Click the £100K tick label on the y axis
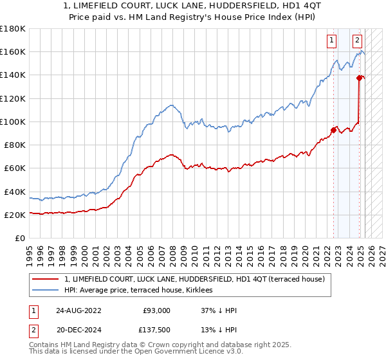click(13, 122)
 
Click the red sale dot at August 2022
click(333, 130)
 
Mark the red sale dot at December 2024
click(359, 78)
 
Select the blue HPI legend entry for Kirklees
click(142, 291)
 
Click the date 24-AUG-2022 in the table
click(79, 310)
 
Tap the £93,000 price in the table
click(157, 310)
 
